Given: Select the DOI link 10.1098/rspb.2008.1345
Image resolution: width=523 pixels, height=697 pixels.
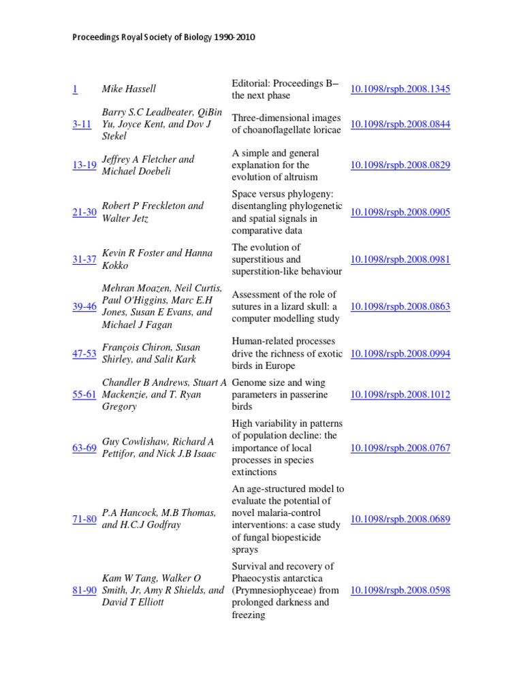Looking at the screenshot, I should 400,89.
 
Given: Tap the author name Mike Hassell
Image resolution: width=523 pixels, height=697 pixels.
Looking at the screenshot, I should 129,89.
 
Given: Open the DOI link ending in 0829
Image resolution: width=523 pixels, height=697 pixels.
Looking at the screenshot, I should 400,165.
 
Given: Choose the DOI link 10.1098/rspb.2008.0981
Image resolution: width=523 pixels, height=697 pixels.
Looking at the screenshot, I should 400,259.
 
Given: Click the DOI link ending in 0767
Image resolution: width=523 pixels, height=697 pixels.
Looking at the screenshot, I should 400,448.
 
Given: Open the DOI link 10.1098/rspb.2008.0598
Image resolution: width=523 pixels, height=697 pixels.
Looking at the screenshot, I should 400,591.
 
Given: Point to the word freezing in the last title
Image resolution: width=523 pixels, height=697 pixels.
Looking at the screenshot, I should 249,615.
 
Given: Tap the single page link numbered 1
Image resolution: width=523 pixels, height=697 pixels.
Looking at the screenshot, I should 75,89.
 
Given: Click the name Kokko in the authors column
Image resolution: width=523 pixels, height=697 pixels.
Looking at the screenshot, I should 115,265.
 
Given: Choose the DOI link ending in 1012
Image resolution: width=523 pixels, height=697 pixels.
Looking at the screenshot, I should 400,395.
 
